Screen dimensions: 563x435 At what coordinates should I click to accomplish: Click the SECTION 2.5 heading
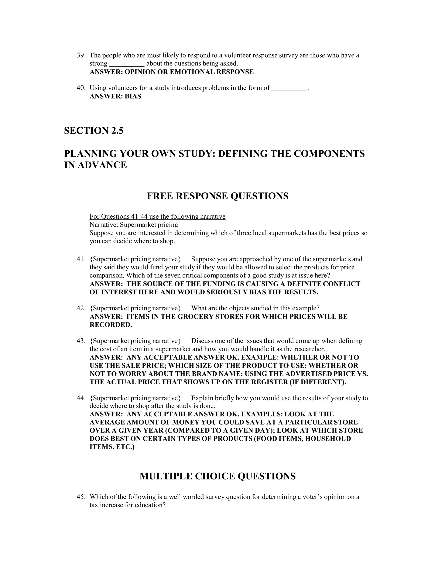[94, 131]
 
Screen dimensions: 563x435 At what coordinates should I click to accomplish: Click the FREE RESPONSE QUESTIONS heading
[217, 196]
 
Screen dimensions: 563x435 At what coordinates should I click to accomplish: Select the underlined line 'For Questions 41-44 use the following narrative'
[157, 216]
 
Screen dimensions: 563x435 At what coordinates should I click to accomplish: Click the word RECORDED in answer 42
[110, 325]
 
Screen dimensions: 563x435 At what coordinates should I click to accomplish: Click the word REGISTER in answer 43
[269, 382]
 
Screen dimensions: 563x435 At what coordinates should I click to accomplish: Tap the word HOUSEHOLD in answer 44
[328, 439]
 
